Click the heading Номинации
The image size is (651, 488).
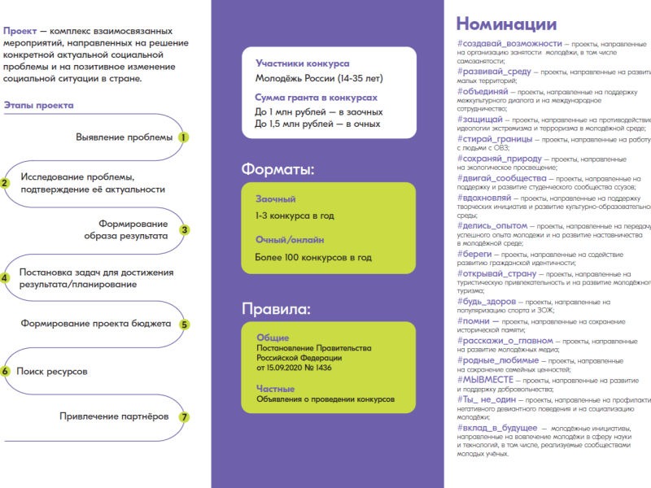[506, 24]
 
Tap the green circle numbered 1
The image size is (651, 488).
[184, 137]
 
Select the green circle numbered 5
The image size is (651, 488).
[185, 325]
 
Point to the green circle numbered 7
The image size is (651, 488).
[185, 417]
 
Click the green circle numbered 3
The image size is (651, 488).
[185, 230]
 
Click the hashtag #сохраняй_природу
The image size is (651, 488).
[498, 159]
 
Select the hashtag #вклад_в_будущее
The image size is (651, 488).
[497, 427]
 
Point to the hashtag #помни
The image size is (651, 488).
[474, 320]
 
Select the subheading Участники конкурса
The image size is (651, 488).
[302, 63]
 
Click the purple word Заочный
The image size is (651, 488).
[275, 199]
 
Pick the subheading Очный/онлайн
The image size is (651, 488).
[290, 240]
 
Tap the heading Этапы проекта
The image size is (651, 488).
[38, 105]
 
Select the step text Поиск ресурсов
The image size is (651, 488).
[52, 371]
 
